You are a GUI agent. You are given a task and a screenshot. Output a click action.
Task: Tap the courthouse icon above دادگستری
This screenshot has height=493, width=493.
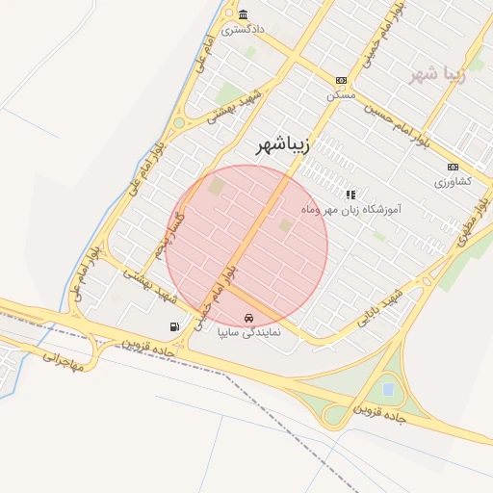(x=243, y=15)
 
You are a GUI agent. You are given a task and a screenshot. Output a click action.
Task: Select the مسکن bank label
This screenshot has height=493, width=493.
(x=341, y=94)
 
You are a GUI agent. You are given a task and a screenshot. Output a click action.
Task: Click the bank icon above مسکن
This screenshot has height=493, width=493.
(x=341, y=81)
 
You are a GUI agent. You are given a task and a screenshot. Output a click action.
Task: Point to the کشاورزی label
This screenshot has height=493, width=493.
(x=453, y=181)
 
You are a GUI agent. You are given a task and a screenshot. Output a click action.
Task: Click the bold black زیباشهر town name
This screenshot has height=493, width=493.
(x=290, y=145)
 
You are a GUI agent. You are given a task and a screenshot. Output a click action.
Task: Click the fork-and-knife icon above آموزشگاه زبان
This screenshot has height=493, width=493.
(x=350, y=195)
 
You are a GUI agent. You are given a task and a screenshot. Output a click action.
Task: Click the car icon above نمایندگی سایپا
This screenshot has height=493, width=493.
(x=248, y=318)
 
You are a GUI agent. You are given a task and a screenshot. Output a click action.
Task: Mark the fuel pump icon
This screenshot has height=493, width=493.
(x=174, y=326)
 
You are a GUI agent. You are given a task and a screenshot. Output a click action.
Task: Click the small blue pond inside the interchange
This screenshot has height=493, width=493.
(x=388, y=389)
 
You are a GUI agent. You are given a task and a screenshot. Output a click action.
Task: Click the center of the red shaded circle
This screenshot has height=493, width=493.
(x=246, y=246)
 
